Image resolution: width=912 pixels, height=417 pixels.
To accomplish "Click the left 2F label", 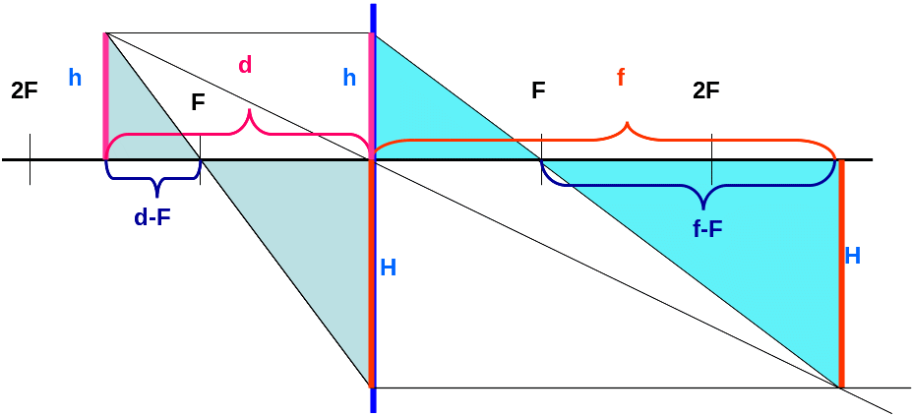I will click(25, 91).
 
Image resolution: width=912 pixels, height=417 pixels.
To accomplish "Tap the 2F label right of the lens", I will click(705, 91).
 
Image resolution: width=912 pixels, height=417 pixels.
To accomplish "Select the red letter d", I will click(246, 66).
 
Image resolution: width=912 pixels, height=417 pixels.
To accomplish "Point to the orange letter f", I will click(622, 77).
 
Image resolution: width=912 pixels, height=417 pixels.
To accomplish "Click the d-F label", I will click(152, 218).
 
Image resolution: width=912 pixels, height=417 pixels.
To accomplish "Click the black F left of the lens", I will click(199, 103).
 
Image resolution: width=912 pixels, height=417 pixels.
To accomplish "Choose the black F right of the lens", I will click(538, 91).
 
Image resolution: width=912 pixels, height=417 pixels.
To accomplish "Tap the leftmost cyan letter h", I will click(76, 78).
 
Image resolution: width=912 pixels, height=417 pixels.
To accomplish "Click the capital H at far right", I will click(853, 257).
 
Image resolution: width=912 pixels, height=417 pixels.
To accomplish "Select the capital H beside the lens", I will click(389, 267).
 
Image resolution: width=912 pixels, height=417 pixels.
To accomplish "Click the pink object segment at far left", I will click(105, 96).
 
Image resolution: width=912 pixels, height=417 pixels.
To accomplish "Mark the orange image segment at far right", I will click(841, 273).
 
